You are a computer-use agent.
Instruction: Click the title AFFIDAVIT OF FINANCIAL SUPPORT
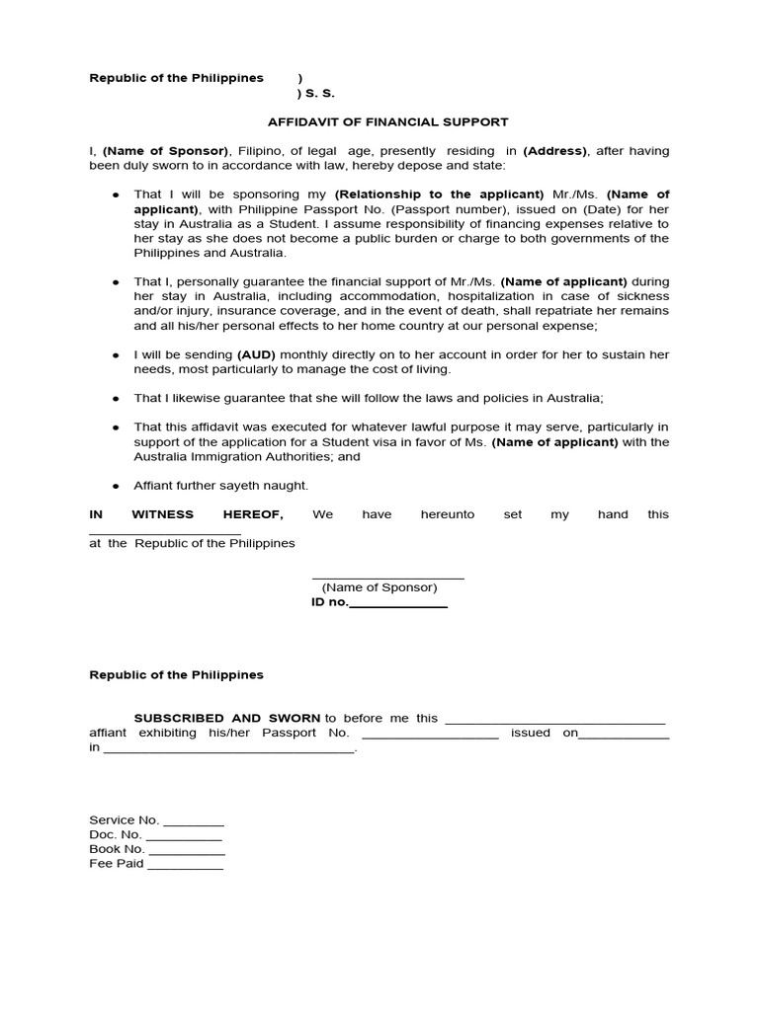387,122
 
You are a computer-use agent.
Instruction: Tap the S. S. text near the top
316,95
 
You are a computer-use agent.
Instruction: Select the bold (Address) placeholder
554,151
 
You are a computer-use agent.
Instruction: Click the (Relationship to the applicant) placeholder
439,194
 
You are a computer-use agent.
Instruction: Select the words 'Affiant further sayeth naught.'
221,486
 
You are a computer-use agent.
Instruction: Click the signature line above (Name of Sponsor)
387,577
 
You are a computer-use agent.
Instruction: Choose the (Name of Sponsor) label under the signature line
379,587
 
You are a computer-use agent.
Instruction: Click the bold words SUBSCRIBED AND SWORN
227,718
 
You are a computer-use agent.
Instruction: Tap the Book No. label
117,849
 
